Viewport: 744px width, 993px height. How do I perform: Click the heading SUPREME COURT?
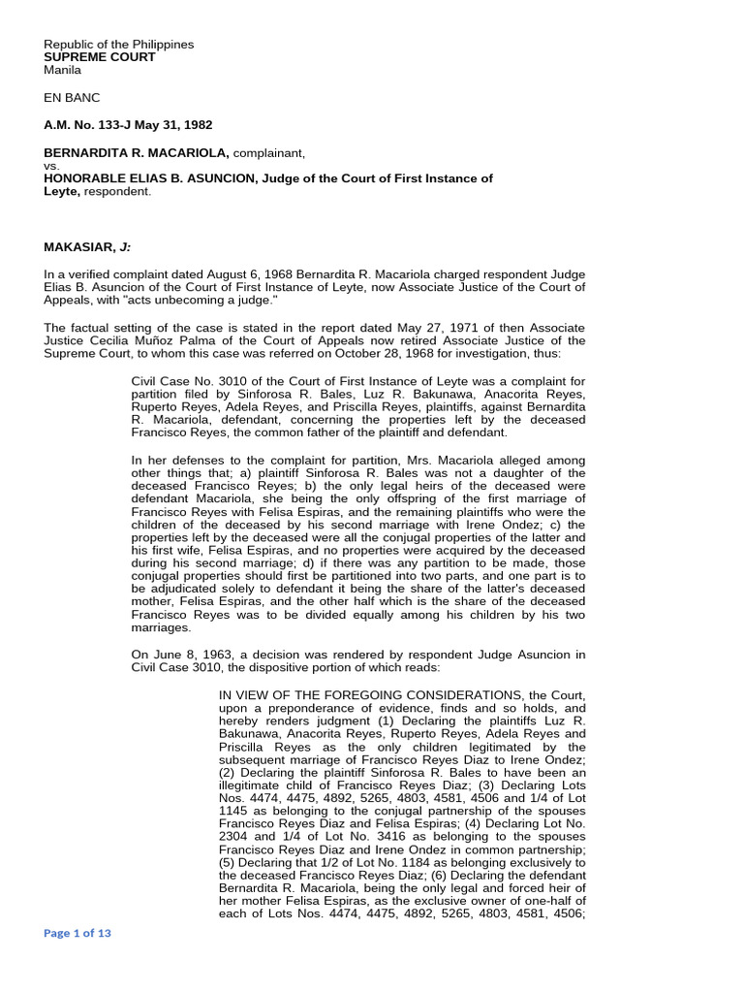[100, 57]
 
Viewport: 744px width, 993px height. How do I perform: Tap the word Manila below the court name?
[63, 70]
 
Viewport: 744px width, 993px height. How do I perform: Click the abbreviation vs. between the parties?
[52, 166]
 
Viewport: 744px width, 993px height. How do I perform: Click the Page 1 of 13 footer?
[78, 933]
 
